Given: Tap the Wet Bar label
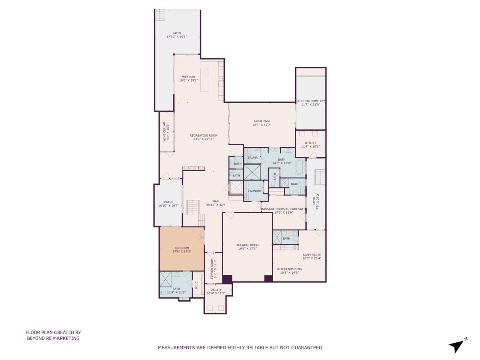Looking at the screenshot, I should [x=188, y=77].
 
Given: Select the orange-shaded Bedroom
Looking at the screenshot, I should [x=181, y=248].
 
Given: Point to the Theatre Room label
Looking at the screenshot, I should [x=247, y=245].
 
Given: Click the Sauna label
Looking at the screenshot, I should [x=252, y=158].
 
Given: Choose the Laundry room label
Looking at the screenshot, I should [x=255, y=191].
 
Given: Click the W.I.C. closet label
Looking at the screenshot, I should [x=196, y=284].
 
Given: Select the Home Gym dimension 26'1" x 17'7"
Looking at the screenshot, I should [x=262, y=125].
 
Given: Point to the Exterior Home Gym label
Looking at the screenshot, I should [x=310, y=101].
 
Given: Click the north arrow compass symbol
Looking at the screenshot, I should [x=457, y=345].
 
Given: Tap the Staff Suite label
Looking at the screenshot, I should [x=312, y=255].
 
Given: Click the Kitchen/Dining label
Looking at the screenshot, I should [x=289, y=269].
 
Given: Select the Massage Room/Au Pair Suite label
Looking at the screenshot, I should [x=283, y=209].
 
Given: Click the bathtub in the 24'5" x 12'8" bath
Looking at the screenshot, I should [x=300, y=167].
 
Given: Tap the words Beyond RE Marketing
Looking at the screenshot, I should [x=53, y=338].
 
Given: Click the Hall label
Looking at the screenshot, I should [x=216, y=201].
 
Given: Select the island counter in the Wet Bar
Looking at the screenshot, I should [x=205, y=80].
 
